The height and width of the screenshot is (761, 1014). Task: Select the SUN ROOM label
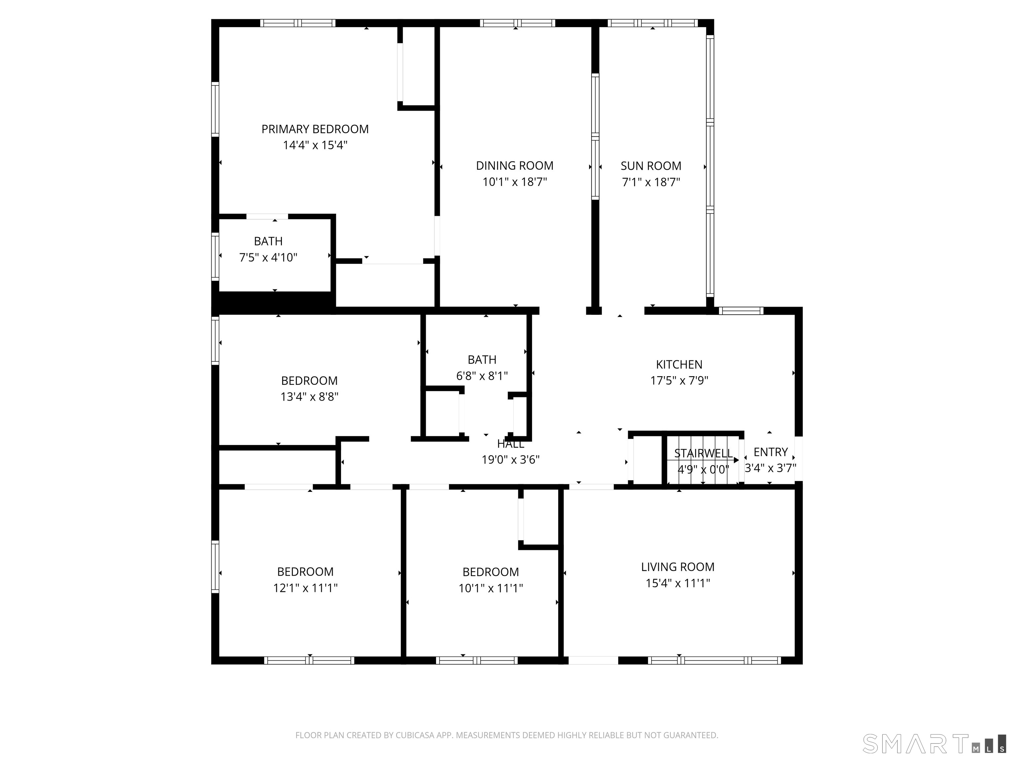point(651,166)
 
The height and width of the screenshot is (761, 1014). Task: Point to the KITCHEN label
point(679,365)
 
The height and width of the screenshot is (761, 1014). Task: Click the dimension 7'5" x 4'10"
point(268,257)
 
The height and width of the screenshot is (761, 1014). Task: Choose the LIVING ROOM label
point(678,567)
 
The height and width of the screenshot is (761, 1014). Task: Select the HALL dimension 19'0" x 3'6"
point(510,460)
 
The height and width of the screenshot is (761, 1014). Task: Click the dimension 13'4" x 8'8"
point(309,397)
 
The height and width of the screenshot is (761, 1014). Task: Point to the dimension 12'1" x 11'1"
point(305,588)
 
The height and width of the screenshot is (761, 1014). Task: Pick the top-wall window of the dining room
point(518,23)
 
